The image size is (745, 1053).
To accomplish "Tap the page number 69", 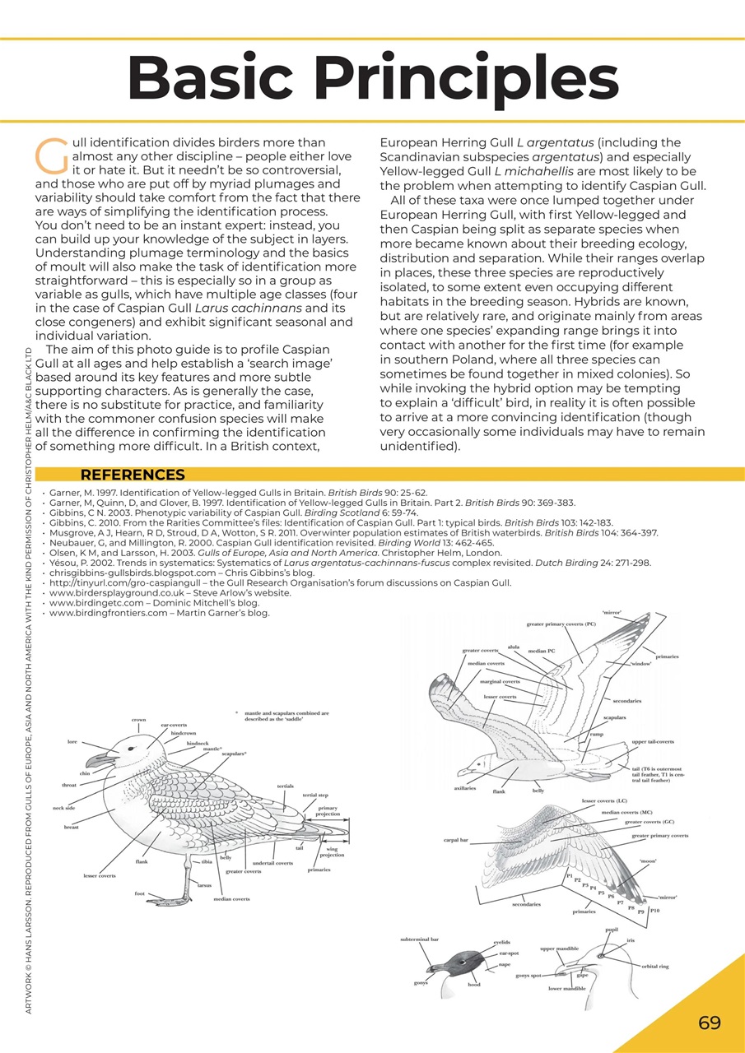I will point(709,1023).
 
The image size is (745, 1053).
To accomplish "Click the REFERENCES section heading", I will point(133,475).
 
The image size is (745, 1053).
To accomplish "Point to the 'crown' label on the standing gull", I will point(138,720).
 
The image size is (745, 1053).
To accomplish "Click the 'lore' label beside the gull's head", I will point(73,741).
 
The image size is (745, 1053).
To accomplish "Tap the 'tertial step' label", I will point(315,796).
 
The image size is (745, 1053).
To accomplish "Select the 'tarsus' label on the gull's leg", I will point(206,884).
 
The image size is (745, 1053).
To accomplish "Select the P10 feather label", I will point(654,911).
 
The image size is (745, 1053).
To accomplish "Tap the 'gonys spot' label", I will point(528,975).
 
